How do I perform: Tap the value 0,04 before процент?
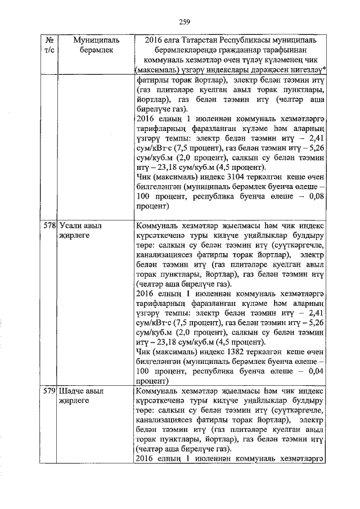314,372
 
